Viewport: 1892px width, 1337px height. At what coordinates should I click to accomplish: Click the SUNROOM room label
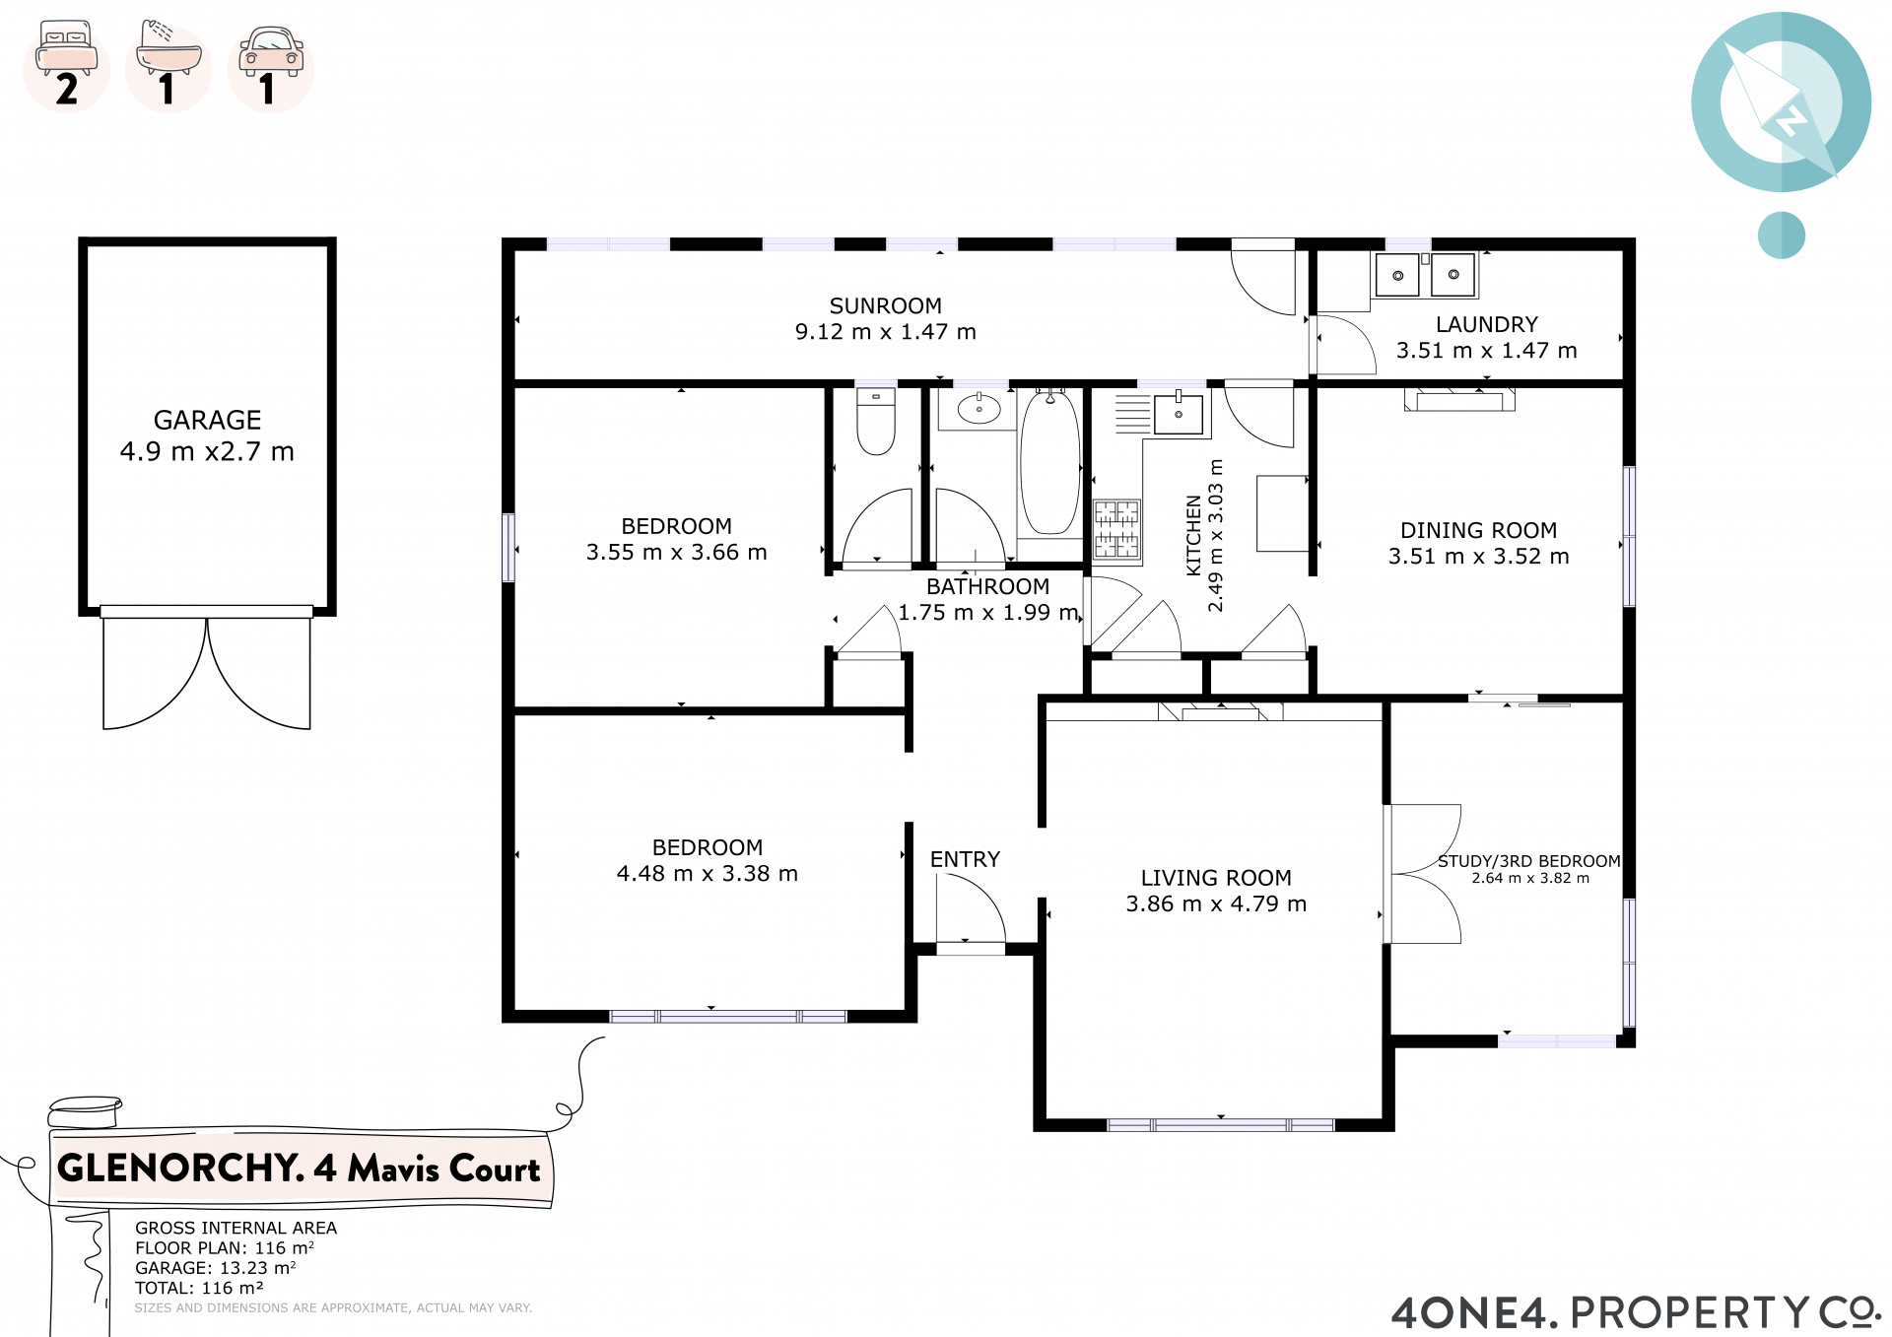pyautogui.click(x=885, y=306)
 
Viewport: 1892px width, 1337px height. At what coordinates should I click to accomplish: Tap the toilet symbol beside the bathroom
pyautogui.click(x=876, y=421)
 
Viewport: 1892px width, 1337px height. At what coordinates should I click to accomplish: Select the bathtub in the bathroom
pyautogui.click(x=1050, y=462)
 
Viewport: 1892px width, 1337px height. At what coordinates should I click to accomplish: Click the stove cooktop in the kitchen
pyautogui.click(x=1116, y=530)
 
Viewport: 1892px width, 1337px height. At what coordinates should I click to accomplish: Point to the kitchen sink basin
pyautogui.click(x=1179, y=414)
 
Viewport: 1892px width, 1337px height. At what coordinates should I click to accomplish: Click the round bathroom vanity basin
pyautogui.click(x=979, y=409)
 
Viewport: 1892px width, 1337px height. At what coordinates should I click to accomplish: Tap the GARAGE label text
pyautogui.click(x=207, y=421)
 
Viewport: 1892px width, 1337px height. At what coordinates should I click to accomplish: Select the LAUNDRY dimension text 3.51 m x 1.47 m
pyautogui.click(x=1486, y=351)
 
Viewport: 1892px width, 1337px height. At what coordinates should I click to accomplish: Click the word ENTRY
pyautogui.click(x=965, y=859)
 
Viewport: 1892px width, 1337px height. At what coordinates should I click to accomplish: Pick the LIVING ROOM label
pyautogui.click(x=1216, y=878)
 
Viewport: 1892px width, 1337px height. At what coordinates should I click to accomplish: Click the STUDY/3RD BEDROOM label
pyautogui.click(x=1529, y=861)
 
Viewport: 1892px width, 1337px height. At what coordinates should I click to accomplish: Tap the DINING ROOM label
pyautogui.click(x=1478, y=531)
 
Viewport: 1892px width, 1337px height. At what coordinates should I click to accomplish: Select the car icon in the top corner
pyautogui.click(x=271, y=51)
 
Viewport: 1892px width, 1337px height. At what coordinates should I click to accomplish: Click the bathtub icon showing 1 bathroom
pyautogui.click(x=168, y=48)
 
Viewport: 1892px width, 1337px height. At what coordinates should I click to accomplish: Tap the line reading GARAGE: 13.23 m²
pyautogui.click(x=215, y=1268)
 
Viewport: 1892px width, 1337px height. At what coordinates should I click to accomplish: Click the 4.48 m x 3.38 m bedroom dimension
pyautogui.click(x=707, y=874)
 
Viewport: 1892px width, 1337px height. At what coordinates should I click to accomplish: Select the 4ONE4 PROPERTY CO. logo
pyautogui.click(x=1636, y=1312)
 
